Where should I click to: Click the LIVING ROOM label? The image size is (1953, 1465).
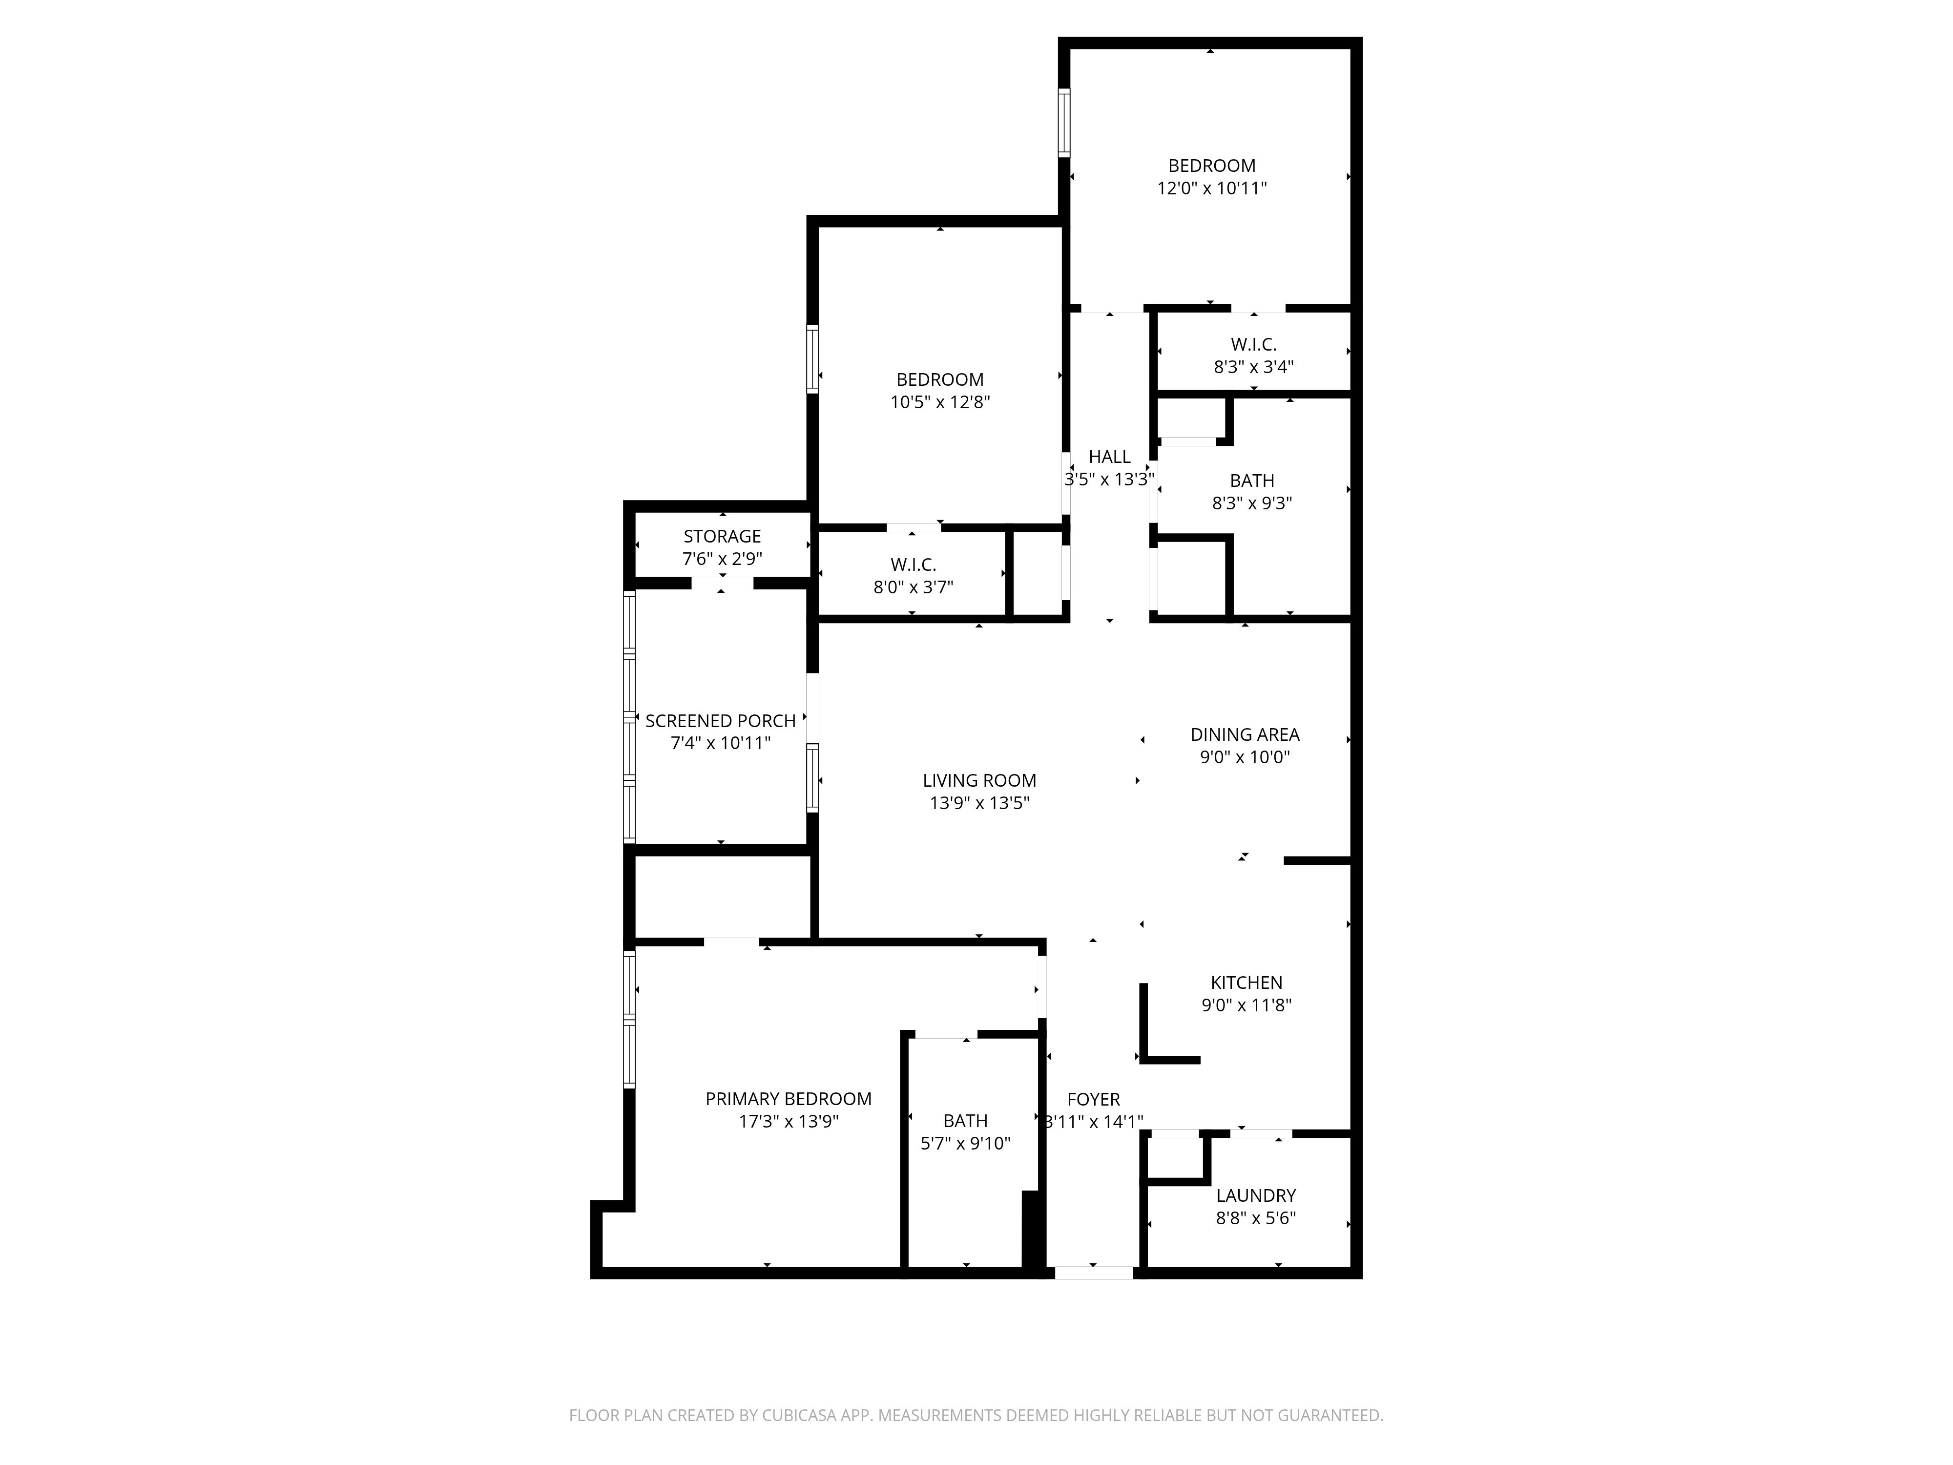coord(979,781)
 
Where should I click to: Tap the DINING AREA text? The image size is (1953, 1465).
coord(1245,735)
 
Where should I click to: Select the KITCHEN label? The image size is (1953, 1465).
coord(1246,983)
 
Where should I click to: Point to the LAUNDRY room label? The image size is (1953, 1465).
coord(1255,1195)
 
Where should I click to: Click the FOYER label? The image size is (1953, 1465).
coord(1093,1099)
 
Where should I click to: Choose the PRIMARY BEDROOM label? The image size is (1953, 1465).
coord(789,1099)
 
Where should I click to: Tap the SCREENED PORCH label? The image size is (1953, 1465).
coord(721,721)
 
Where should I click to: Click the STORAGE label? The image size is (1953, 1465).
coord(722,537)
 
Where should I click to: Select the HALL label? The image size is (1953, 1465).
coord(1109,458)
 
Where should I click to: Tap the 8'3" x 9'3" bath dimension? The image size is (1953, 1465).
coord(1252,503)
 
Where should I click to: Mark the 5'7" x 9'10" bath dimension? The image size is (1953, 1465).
coord(965,1144)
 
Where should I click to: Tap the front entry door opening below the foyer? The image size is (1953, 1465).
coord(1094,1273)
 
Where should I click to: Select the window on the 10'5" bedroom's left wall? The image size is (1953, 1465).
coord(812,358)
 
